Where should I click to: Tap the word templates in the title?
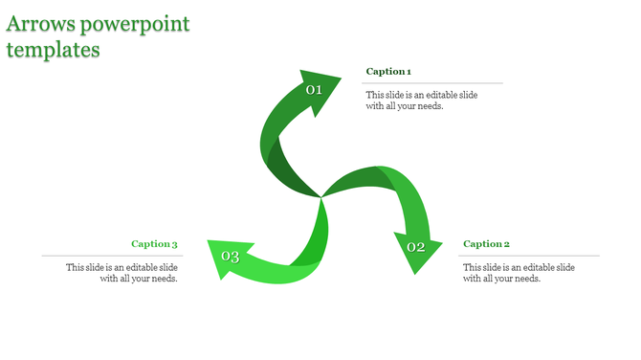pos(54,50)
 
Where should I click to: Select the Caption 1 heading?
pos(388,72)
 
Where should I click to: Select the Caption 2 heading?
pos(486,244)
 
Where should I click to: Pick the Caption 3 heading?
pos(154,244)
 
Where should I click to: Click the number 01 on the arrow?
pos(314,90)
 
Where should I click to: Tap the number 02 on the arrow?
pos(416,247)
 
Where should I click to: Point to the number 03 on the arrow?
pos(231,256)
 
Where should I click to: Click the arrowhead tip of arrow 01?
pos(340,78)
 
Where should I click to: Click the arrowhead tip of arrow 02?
pos(415,273)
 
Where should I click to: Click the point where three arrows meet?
pos(321,197)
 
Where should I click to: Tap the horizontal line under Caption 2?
pos(531,256)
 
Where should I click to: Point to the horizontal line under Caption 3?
pos(110,256)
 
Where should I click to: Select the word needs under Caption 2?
pos(527,279)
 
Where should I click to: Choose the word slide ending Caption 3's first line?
pos(167,267)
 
